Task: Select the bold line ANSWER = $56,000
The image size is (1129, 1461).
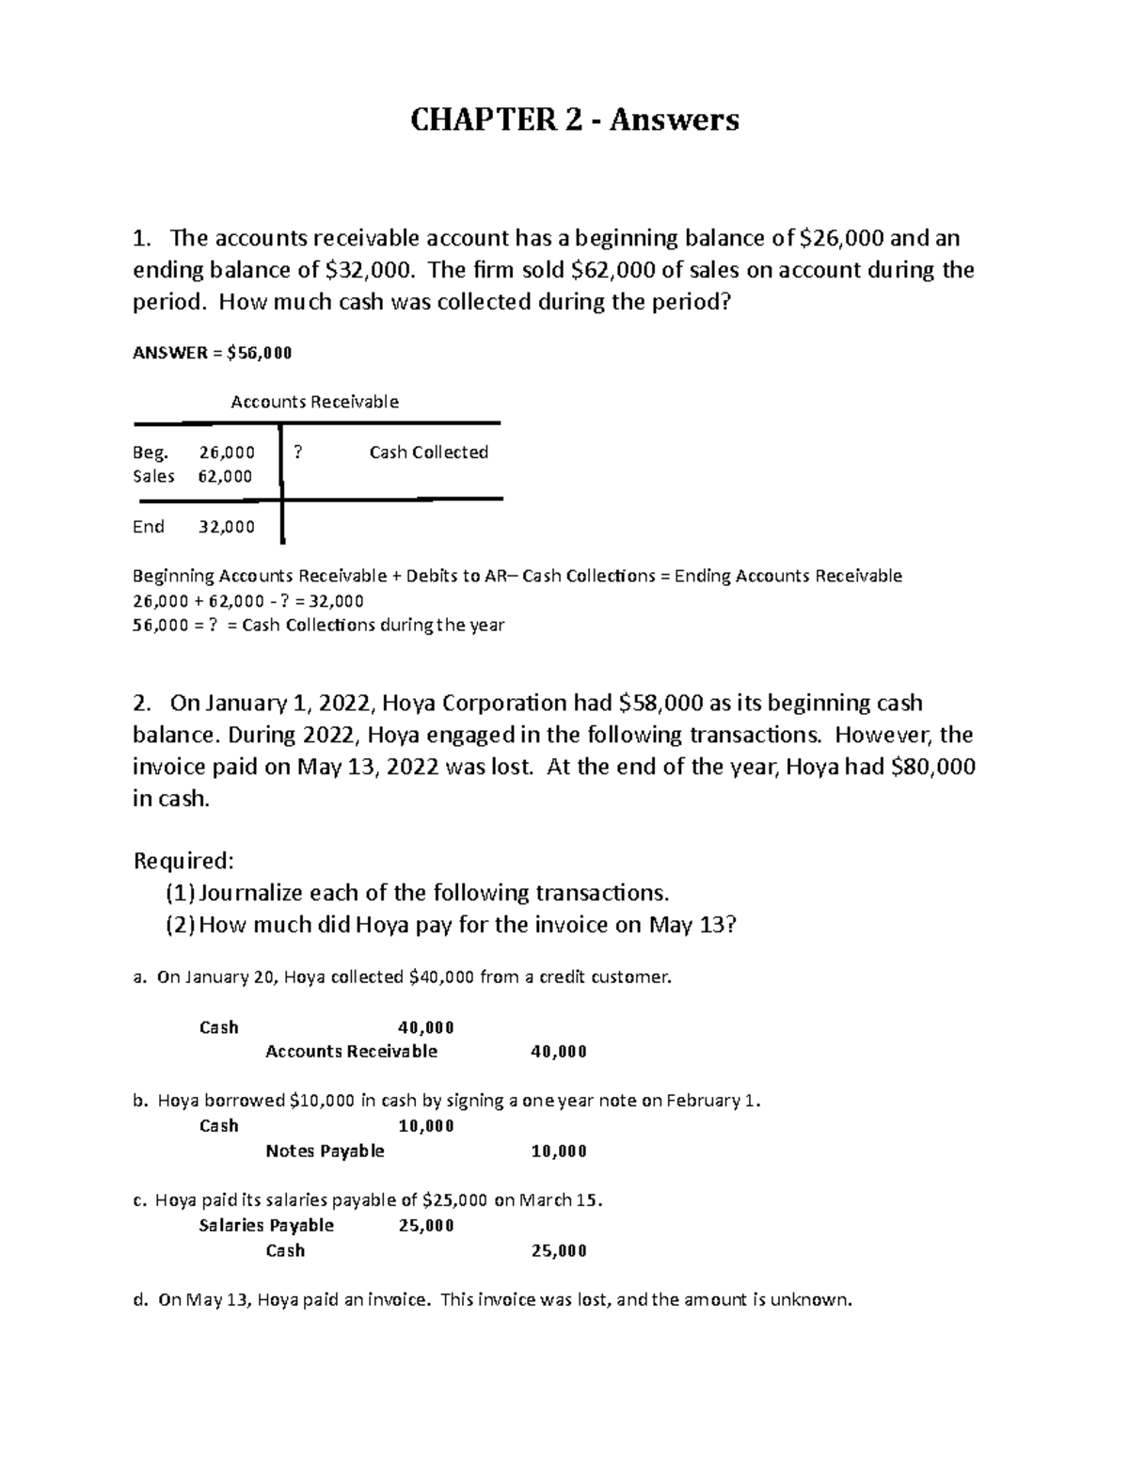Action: (213, 353)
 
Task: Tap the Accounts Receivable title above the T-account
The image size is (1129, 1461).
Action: (314, 402)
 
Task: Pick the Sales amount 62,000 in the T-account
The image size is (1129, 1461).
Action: (225, 476)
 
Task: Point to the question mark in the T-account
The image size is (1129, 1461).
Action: (298, 453)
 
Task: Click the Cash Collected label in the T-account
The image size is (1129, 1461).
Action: (428, 453)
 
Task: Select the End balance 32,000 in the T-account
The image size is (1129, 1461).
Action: (227, 527)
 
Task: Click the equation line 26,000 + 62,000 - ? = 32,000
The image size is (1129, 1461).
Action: (248, 601)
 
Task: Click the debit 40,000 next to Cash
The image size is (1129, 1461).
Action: (426, 1027)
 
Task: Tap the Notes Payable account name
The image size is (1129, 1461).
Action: (325, 1151)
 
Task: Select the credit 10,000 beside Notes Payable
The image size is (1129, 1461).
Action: (559, 1151)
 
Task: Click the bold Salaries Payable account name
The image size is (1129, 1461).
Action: (266, 1225)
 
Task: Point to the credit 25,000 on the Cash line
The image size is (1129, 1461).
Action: (559, 1250)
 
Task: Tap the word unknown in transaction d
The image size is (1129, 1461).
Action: (816, 1300)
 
